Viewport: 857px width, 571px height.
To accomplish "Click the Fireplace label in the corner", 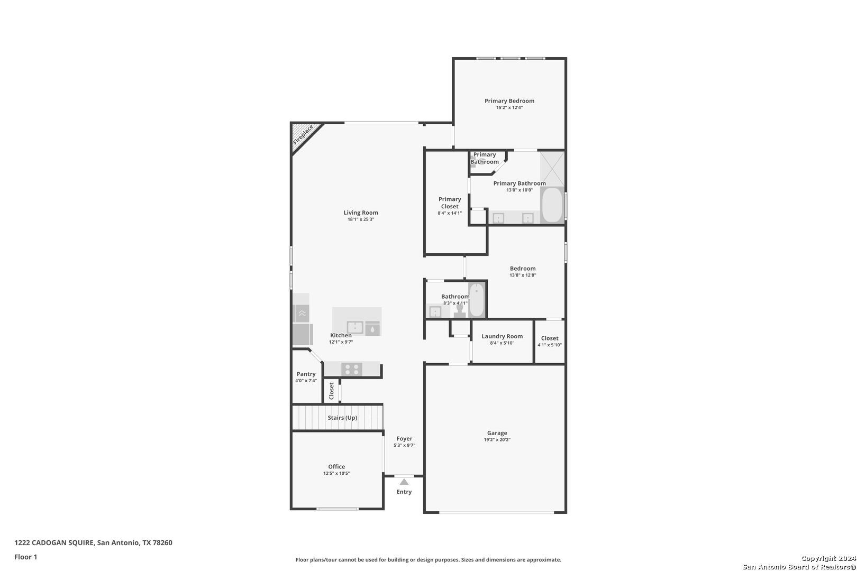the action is pos(303,134).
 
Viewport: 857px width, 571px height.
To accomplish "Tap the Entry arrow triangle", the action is pos(404,482).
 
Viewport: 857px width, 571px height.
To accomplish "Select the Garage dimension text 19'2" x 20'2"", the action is pos(497,440).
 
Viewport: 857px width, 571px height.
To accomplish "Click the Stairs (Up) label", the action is pos(342,418).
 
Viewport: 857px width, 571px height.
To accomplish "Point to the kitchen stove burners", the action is pos(352,370).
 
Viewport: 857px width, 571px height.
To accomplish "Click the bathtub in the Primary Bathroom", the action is pos(552,205).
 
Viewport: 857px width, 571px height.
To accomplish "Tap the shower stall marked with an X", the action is pos(552,169).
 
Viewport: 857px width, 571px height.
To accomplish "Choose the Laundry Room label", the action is pos(502,336).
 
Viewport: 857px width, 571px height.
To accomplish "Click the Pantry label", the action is pos(306,374).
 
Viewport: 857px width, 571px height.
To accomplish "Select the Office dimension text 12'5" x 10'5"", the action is pos(336,474).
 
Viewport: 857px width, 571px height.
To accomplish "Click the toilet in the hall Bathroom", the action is pos(460,311).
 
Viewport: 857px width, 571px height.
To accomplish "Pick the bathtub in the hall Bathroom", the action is pos(477,300).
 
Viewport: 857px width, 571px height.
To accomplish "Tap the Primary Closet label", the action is pos(450,202).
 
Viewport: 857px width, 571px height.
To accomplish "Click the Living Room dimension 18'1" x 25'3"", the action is pos(361,219).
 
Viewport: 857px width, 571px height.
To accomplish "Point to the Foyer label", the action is pos(404,439).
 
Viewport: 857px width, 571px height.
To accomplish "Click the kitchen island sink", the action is pos(355,328).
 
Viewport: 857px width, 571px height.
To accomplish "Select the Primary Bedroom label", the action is pos(509,101).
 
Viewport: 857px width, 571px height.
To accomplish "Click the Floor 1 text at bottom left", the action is pos(25,557).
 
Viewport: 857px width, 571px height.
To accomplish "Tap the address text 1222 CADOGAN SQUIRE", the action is pos(54,542).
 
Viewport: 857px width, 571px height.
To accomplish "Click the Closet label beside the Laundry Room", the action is pos(550,338).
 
